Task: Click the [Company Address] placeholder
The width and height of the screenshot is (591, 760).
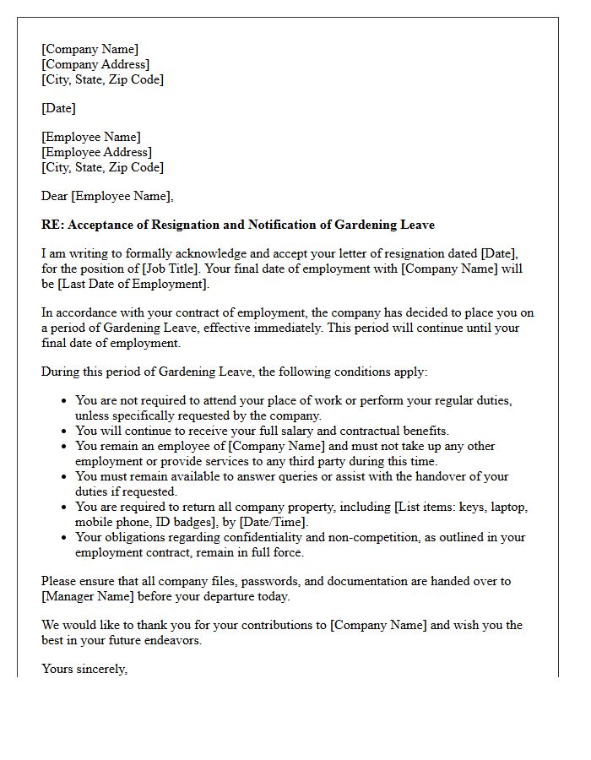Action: point(95,64)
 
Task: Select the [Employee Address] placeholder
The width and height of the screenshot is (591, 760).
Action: point(96,152)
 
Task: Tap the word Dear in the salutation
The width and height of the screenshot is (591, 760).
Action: point(55,196)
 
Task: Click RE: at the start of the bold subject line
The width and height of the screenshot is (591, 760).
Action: point(52,225)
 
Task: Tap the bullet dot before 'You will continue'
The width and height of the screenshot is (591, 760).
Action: point(64,431)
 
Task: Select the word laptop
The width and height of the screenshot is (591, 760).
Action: point(509,507)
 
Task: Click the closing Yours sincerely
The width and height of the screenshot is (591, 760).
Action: point(84,669)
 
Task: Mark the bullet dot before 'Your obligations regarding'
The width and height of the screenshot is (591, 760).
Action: point(64,537)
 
